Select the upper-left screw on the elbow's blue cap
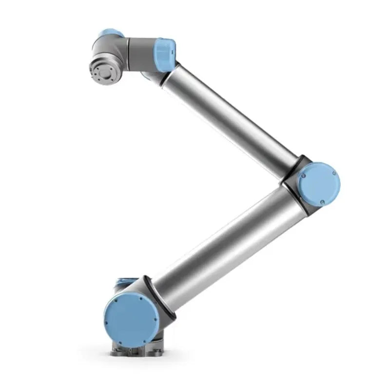point(303,173)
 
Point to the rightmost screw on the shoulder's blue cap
point(155,319)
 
